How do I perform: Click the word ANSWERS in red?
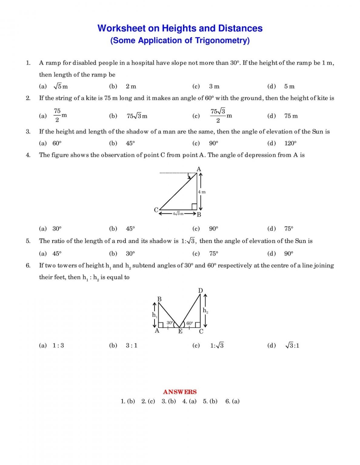click(x=180, y=392)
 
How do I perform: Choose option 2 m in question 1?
click(x=131, y=87)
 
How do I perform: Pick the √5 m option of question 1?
click(x=61, y=87)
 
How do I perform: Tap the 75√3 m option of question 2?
click(x=137, y=116)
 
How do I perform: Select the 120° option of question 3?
click(x=290, y=143)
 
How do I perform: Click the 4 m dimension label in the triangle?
click(x=202, y=192)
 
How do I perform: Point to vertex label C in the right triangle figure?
click(x=156, y=210)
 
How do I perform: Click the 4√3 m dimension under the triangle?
click(x=178, y=213)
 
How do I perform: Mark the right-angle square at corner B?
click(x=194, y=207)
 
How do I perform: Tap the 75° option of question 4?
click(x=289, y=229)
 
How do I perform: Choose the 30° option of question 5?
click(x=130, y=254)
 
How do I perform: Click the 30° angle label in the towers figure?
click(x=170, y=323)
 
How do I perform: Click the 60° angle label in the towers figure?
click(x=190, y=323)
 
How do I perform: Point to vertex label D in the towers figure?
click(x=200, y=291)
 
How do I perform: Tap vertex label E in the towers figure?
click(x=180, y=331)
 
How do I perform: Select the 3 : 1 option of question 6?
click(x=132, y=345)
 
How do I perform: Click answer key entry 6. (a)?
click(x=232, y=401)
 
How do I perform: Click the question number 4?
click(x=28, y=155)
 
